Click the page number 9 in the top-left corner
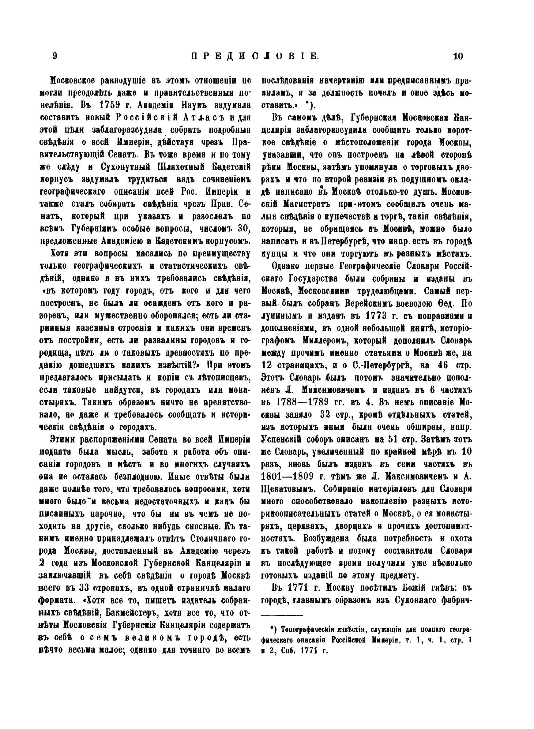pyautogui.click(x=55, y=56)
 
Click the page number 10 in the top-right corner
pyautogui.click(x=458, y=56)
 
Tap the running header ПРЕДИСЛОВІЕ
pyautogui.click(x=255, y=56)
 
